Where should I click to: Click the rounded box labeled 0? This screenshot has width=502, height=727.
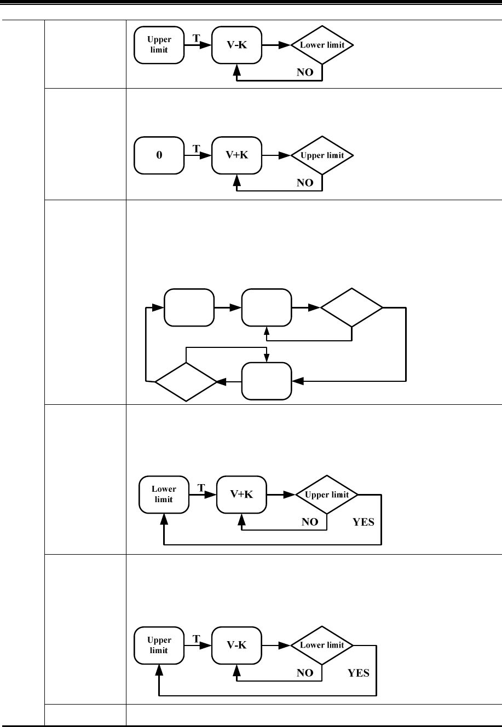coord(159,155)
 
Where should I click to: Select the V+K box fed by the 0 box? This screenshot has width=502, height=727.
coord(237,155)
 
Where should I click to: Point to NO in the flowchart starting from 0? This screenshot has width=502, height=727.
coord(305,183)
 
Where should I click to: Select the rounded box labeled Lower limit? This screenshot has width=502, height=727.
coord(163,495)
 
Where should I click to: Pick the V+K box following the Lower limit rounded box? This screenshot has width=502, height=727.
coord(241,495)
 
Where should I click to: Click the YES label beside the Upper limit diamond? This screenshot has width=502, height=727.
coord(363,522)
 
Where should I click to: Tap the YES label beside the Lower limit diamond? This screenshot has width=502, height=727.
coord(359,673)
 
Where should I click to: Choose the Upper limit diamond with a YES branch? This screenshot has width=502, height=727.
coord(327,495)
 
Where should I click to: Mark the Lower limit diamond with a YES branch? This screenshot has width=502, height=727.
coord(322,645)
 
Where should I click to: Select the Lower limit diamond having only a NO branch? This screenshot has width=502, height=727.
coord(322,45)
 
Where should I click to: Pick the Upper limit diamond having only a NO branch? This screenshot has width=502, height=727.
coord(322,155)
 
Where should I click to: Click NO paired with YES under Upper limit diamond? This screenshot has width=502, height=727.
coord(310,522)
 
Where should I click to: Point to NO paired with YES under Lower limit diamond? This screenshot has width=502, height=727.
coord(305,673)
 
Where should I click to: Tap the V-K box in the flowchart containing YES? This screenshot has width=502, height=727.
coord(237,645)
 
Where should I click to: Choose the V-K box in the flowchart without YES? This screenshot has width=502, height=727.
coord(237,45)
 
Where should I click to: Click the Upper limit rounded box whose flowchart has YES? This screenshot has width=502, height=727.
coord(159,645)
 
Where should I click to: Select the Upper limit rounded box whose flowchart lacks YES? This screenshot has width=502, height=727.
coord(159,45)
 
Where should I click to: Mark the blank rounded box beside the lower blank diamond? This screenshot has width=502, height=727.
coord(267,381)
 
